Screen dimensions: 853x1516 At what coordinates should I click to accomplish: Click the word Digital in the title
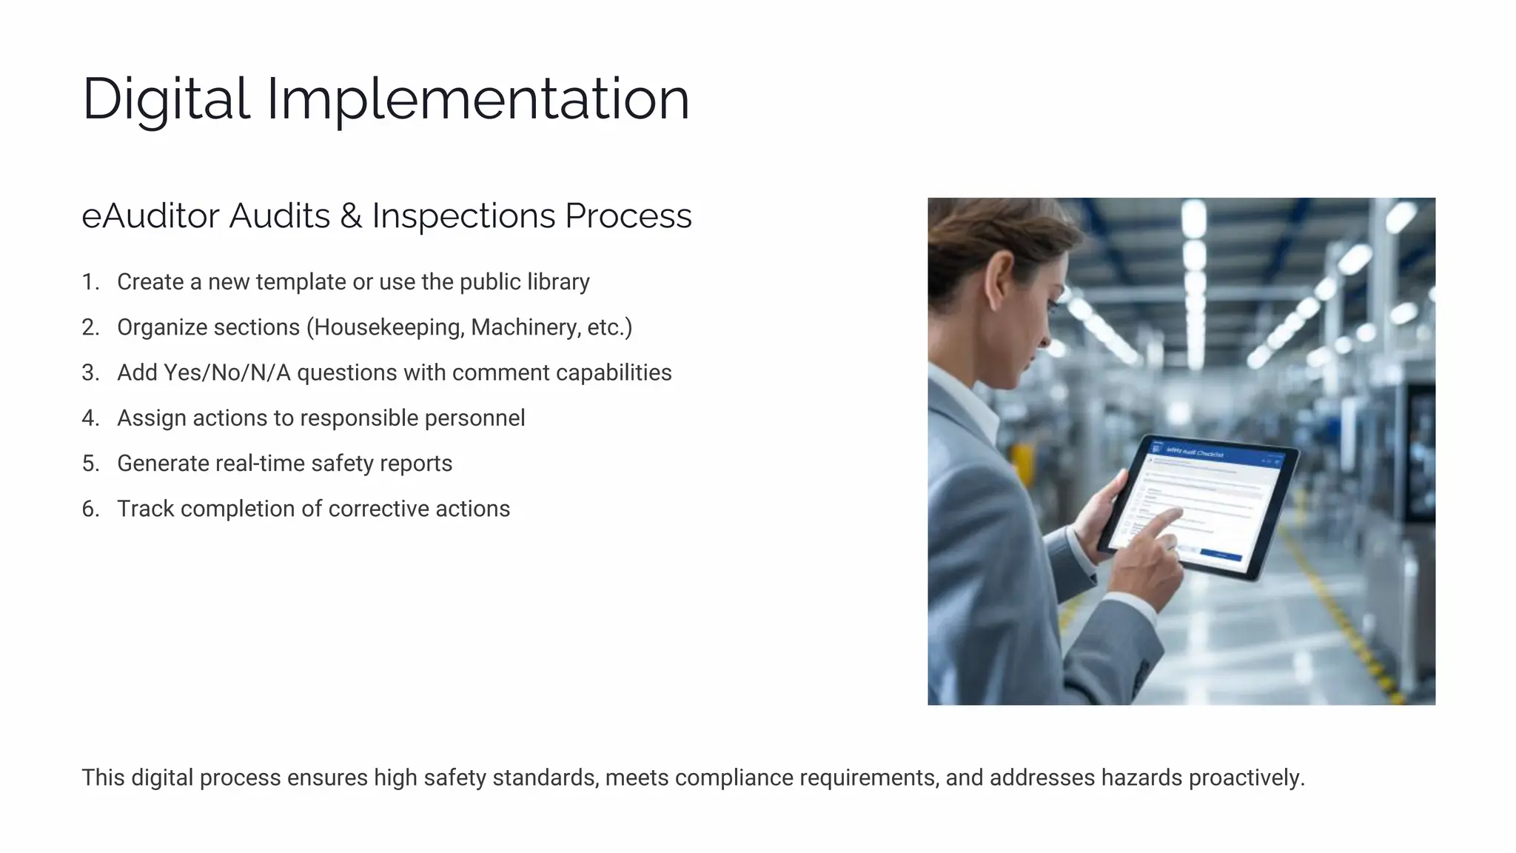[166, 99]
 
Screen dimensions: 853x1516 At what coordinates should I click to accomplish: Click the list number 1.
[90, 282]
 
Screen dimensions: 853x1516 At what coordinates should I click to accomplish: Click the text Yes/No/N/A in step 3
[227, 372]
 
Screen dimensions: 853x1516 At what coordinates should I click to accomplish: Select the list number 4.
[90, 418]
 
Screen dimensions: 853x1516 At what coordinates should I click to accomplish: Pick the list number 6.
[90, 509]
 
